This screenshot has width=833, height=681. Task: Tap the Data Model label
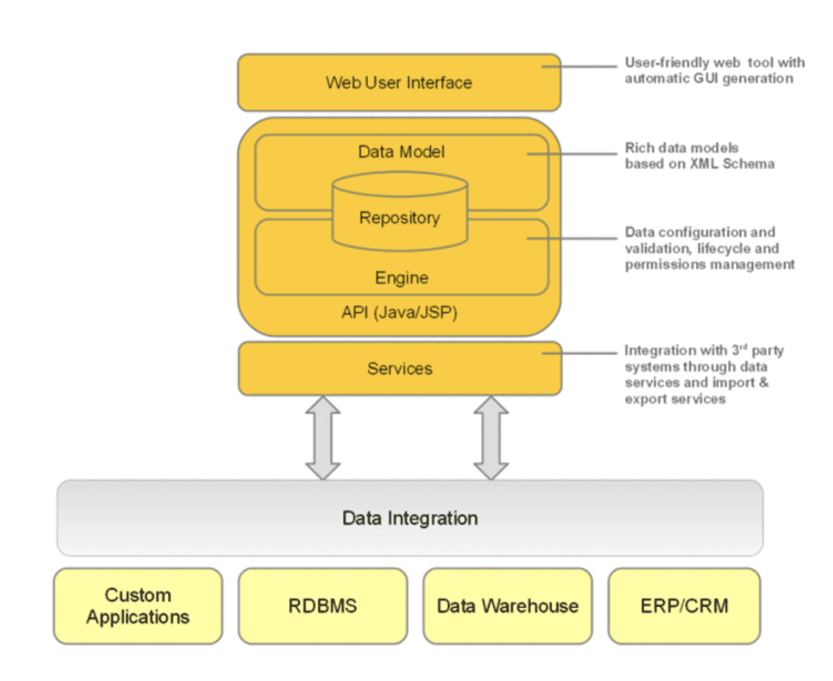pyautogui.click(x=401, y=152)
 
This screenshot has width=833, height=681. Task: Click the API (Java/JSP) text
pyautogui.click(x=399, y=313)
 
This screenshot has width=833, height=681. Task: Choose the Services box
pyautogui.click(x=400, y=368)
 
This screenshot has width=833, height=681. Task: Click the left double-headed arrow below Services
pyautogui.click(x=323, y=437)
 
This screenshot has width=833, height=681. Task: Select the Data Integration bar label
pyautogui.click(x=410, y=518)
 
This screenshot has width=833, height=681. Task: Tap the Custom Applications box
pyautogui.click(x=138, y=606)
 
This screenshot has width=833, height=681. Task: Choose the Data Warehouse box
pyautogui.click(x=507, y=606)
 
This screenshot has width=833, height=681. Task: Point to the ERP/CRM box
pyautogui.click(x=684, y=606)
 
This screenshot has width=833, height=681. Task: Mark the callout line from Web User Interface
pyautogui.click(x=580, y=66)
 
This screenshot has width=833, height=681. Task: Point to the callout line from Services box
pyautogui.click(x=580, y=353)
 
